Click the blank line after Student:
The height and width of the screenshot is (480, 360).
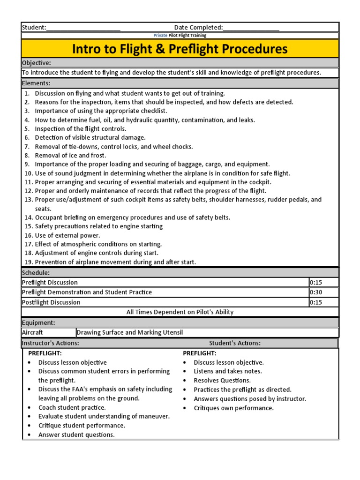(x=83, y=28)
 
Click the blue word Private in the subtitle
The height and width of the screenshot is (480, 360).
(x=160, y=36)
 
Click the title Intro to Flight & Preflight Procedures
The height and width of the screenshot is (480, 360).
(x=180, y=49)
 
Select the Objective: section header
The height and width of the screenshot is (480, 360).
(x=37, y=63)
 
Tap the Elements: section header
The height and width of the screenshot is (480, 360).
(x=36, y=83)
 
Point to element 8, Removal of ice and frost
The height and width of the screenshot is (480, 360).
(x=70, y=155)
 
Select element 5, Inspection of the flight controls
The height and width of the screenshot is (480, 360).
(x=80, y=128)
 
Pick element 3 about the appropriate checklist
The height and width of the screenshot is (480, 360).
(x=101, y=111)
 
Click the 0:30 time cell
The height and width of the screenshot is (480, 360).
(x=316, y=292)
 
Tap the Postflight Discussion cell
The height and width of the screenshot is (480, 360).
(x=51, y=302)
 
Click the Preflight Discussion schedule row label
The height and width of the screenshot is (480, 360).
(x=50, y=282)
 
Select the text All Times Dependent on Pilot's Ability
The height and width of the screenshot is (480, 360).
(x=180, y=312)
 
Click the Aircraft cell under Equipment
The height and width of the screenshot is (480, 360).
(x=32, y=332)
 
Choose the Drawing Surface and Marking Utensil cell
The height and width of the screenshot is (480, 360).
(x=129, y=332)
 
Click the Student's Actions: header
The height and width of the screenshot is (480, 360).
(x=235, y=343)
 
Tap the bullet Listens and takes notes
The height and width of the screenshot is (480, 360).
(x=228, y=371)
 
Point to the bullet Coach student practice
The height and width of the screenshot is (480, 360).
(x=72, y=407)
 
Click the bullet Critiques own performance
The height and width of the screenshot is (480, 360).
(x=233, y=408)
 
